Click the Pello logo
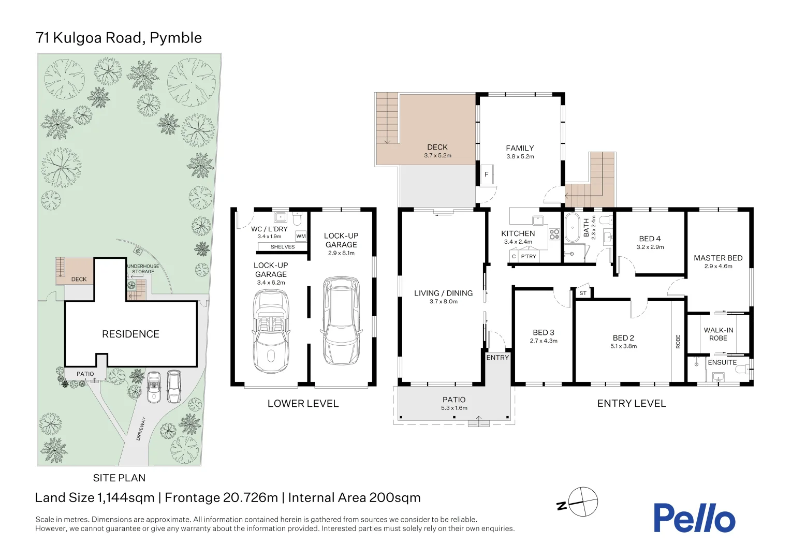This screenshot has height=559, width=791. coord(695,518)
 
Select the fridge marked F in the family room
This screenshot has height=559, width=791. coord(487,174)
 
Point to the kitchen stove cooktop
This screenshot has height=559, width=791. coord(554,234)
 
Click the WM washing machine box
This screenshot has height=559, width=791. coord(301,236)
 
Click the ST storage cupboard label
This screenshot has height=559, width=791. coord(583,293)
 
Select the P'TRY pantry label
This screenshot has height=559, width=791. coord(529,256)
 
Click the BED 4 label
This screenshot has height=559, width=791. coord(650,239)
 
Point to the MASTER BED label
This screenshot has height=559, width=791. coord(718,258)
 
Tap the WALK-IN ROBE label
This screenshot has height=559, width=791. coord(718,334)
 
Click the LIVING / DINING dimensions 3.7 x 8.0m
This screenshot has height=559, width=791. coord(444,302)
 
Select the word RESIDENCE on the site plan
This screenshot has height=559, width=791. coord(130,334)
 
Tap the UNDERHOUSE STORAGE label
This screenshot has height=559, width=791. coord(143,269)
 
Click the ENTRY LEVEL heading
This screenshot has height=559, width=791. coord(632,403)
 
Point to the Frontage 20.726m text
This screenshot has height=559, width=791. coord(222,497)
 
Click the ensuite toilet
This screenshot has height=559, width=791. coord(742,370)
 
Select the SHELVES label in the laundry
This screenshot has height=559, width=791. coord(283,247)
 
